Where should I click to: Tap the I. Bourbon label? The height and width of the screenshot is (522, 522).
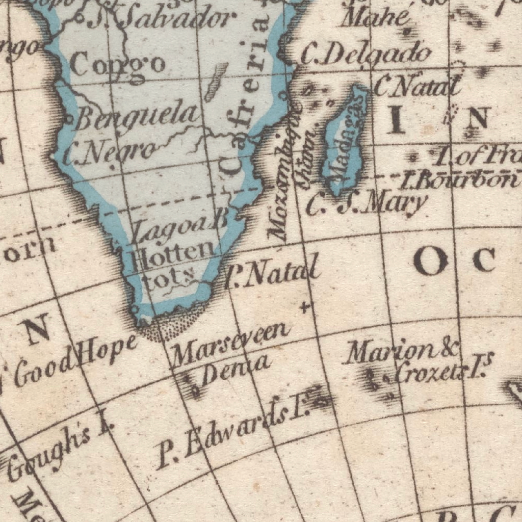click(459, 180)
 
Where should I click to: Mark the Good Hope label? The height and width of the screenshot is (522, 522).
click(76, 359)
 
